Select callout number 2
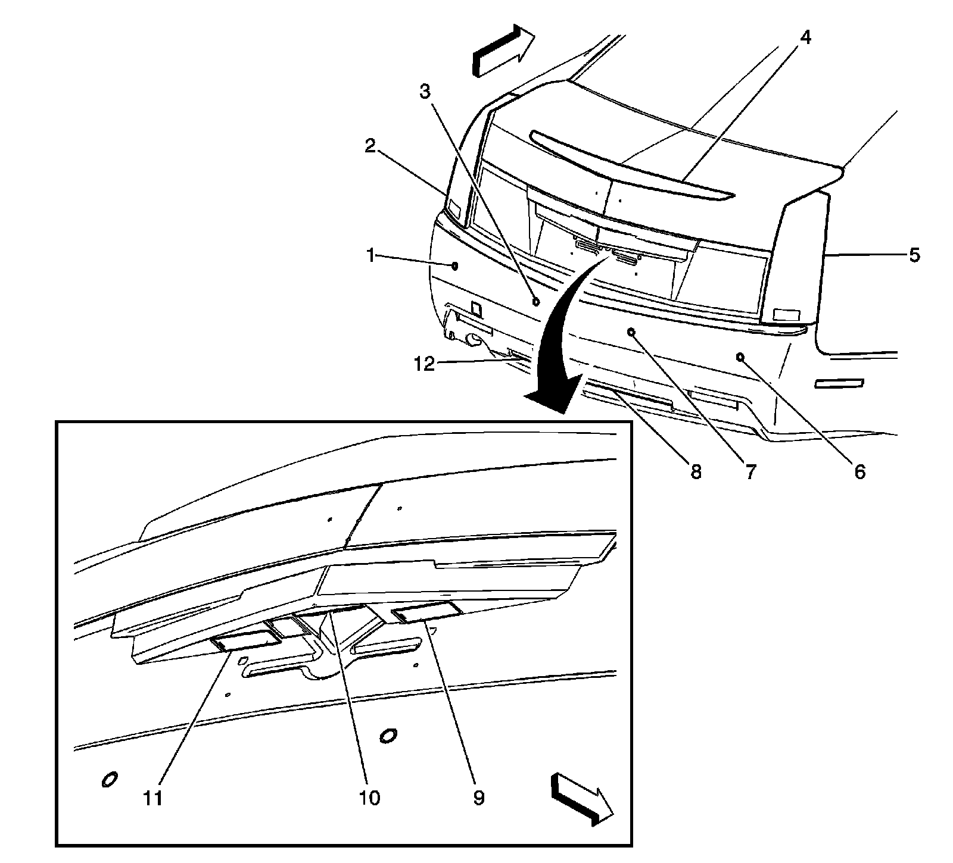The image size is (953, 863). tap(370, 146)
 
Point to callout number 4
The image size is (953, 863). tap(805, 37)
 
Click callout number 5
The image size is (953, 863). tap(915, 255)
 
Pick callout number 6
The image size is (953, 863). tap(859, 472)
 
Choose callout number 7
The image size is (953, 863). tap(749, 472)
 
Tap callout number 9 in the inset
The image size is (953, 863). tap(479, 797)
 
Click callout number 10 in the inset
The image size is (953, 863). tap(369, 797)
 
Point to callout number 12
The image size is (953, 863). tap(425, 364)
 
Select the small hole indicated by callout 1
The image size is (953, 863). tap(454, 265)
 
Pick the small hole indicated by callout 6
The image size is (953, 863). tap(740, 357)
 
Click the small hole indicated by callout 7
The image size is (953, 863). tap(631, 332)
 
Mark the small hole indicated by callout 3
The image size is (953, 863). tap(535, 301)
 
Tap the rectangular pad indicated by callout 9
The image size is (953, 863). tap(426, 612)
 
